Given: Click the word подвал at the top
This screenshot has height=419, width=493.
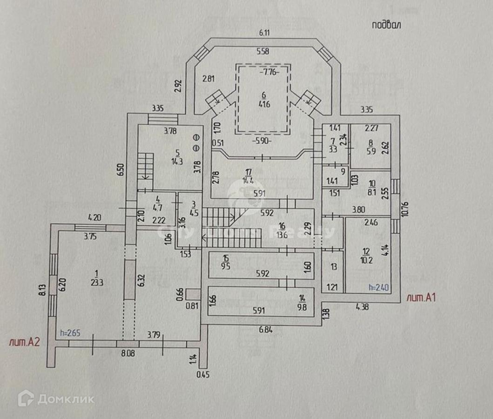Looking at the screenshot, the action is [386, 25].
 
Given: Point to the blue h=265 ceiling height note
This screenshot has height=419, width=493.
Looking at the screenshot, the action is [71, 333].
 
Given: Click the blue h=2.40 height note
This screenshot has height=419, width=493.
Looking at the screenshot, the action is [379, 288].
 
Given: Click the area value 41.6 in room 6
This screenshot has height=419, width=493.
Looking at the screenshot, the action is [263, 105].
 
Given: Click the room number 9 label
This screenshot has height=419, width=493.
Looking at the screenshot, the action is [343, 171].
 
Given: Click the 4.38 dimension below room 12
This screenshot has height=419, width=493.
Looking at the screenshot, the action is [363, 306].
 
